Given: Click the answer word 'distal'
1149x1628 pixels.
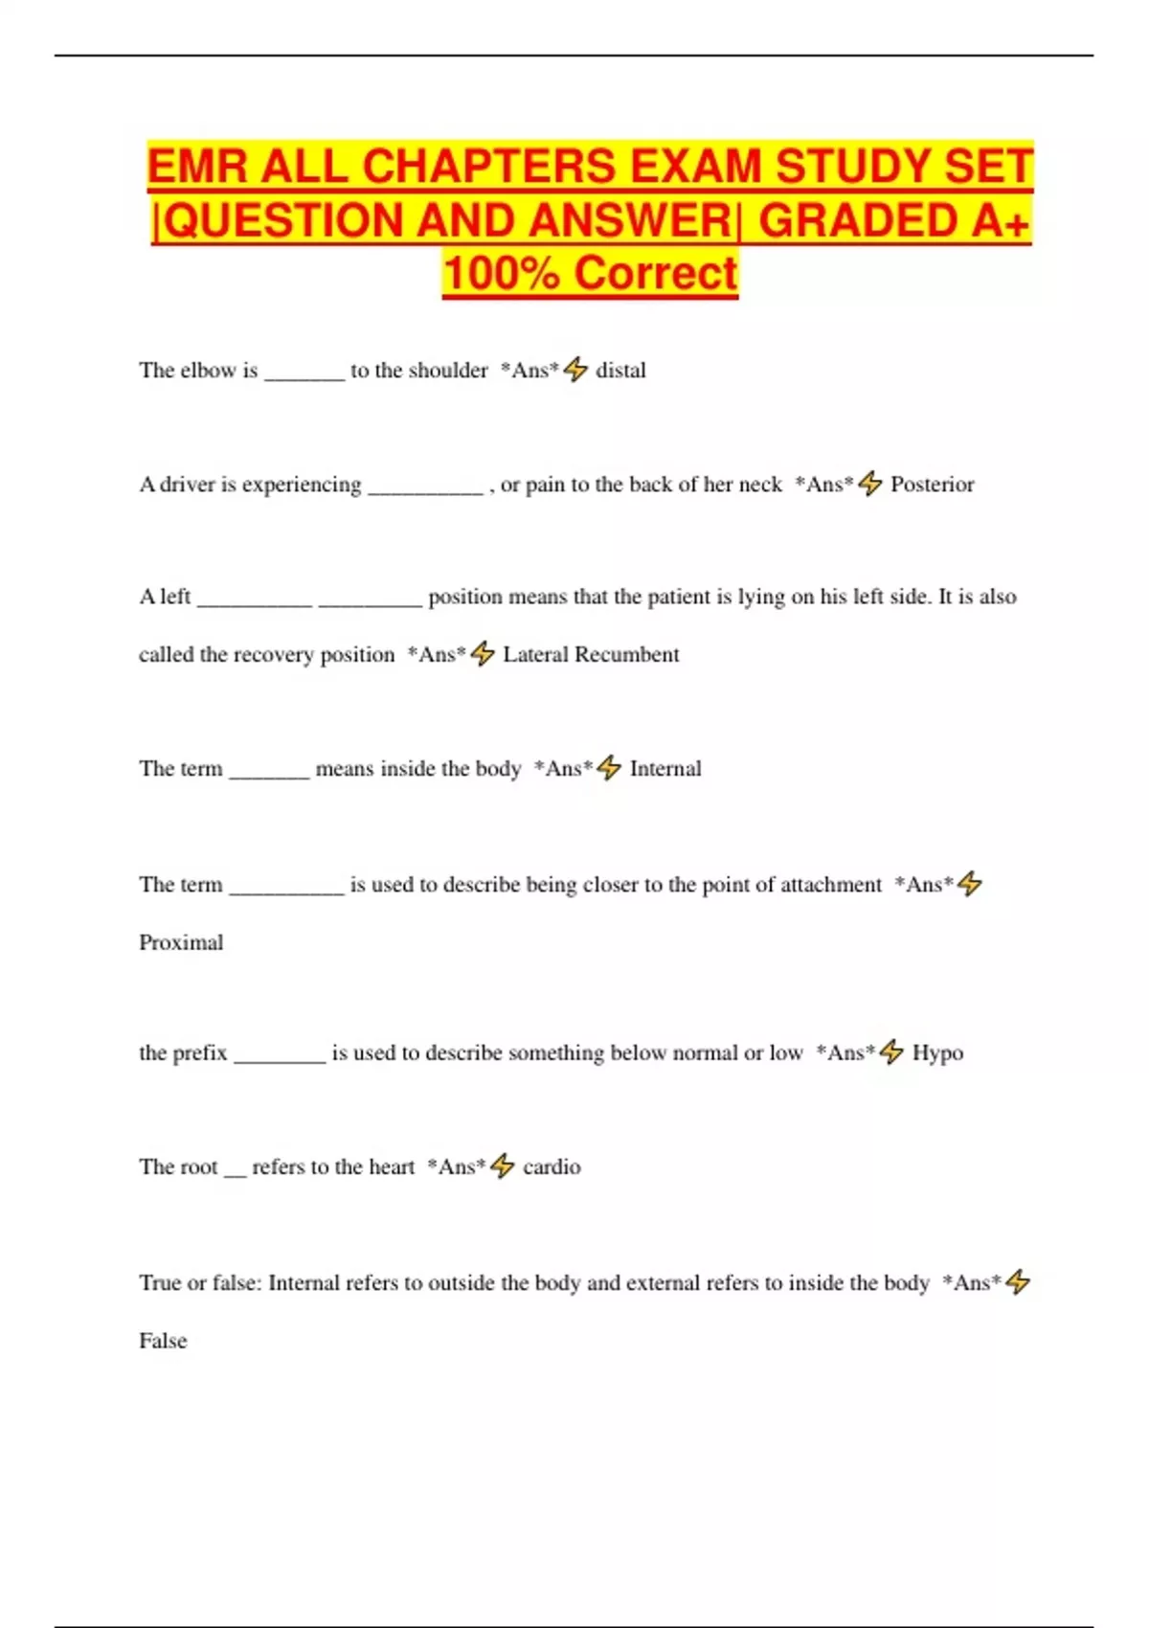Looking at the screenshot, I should tap(620, 371).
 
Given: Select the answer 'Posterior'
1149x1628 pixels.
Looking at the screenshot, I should tap(932, 485).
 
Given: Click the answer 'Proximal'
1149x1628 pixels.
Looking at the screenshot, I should tap(181, 943).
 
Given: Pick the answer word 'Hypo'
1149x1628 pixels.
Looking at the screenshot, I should tap(937, 1053).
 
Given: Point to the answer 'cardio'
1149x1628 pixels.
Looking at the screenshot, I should tap(552, 1167).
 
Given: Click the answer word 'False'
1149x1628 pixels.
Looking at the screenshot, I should tap(163, 1342).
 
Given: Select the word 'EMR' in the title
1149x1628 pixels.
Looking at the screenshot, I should tap(197, 167).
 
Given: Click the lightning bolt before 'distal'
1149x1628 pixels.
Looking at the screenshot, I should tap(575, 370).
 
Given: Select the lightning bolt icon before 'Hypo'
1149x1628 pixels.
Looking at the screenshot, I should tap(891, 1052).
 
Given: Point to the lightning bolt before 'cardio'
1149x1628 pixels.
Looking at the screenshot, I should tap(503, 1166).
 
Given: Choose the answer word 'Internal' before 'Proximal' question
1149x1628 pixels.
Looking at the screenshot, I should tap(665, 769).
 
